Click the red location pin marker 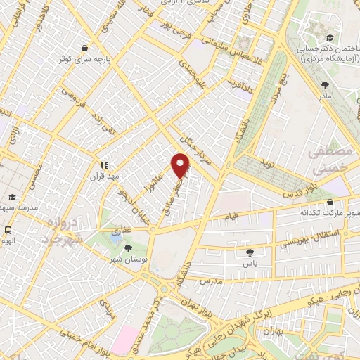tap(181, 165)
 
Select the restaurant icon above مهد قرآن tap(103, 165)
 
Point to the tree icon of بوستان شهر tap(127, 248)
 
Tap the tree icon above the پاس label tap(250, 252)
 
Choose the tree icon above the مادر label tap(325, 84)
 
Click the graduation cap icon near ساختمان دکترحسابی tap(330, 39)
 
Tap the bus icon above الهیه tap(8, 230)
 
